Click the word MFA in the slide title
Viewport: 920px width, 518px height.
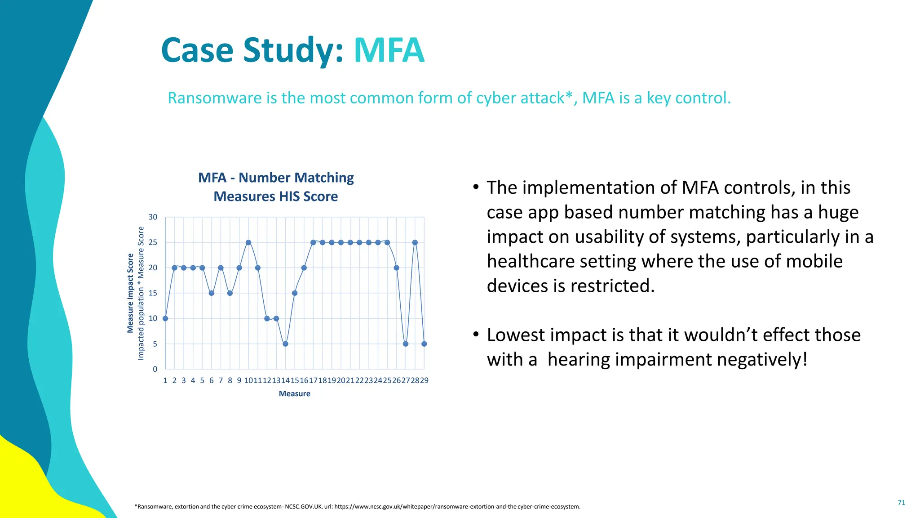pyautogui.click(x=389, y=50)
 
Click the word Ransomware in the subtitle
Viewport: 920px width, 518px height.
pyautogui.click(x=215, y=98)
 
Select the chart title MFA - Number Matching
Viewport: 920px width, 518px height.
pyautogui.click(x=276, y=178)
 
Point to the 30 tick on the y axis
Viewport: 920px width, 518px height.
pyautogui.click(x=153, y=217)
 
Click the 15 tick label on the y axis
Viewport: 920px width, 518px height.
pyautogui.click(x=153, y=293)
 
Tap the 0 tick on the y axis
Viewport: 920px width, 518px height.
pyautogui.click(x=155, y=369)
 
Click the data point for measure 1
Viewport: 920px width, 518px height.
pyautogui.click(x=165, y=318)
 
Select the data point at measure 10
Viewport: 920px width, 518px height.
pyautogui.click(x=248, y=242)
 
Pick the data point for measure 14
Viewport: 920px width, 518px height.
pyautogui.click(x=285, y=344)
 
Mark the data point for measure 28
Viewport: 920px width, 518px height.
pyautogui.click(x=415, y=242)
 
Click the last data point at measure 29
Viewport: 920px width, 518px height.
pyautogui.click(x=424, y=344)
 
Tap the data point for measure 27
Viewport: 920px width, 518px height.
pyautogui.click(x=406, y=344)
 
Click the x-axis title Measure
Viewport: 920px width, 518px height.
pyautogui.click(x=294, y=394)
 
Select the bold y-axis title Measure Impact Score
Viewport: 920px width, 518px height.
pyautogui.click(x=130, y=293)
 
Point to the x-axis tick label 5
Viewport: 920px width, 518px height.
pyautogui.click(x=202, y=380)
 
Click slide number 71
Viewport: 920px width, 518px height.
pyautogui.click(x=901, y=503)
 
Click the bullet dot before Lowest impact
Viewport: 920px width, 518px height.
pyautogui.click(x=476, y=335)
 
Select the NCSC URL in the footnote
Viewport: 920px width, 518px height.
pyautogui.click(x=457, y=507)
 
